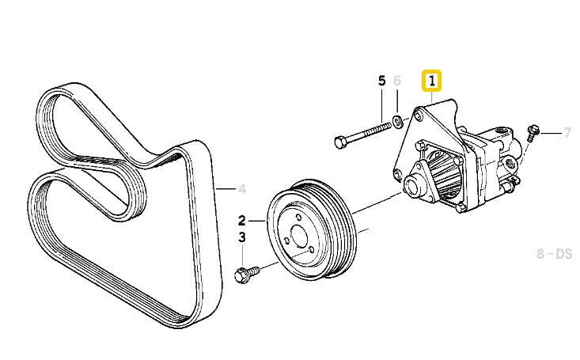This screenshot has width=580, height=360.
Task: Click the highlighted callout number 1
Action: point(432,80)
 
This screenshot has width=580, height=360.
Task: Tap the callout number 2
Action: point(241,221)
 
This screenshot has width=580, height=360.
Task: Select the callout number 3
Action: point(241,237)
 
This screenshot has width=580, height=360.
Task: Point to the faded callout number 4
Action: point(242,189)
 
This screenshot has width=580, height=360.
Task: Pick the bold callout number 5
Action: point(381,81)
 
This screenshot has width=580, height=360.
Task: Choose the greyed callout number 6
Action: point(397,81)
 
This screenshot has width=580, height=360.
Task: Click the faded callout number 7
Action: point(567,132)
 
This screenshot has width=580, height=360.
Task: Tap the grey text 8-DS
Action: point(554,254)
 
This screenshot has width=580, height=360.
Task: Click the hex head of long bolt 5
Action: point(340,142)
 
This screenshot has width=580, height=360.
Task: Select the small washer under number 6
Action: point(398,120)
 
